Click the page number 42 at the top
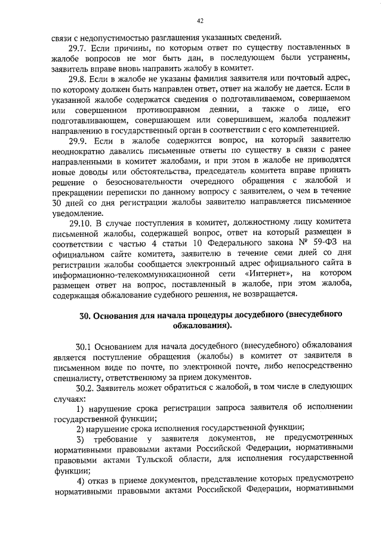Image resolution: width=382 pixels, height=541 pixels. pos(200,21)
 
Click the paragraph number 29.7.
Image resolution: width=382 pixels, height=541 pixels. pos(79,46)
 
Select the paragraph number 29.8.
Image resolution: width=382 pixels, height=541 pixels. pos(79,79)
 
